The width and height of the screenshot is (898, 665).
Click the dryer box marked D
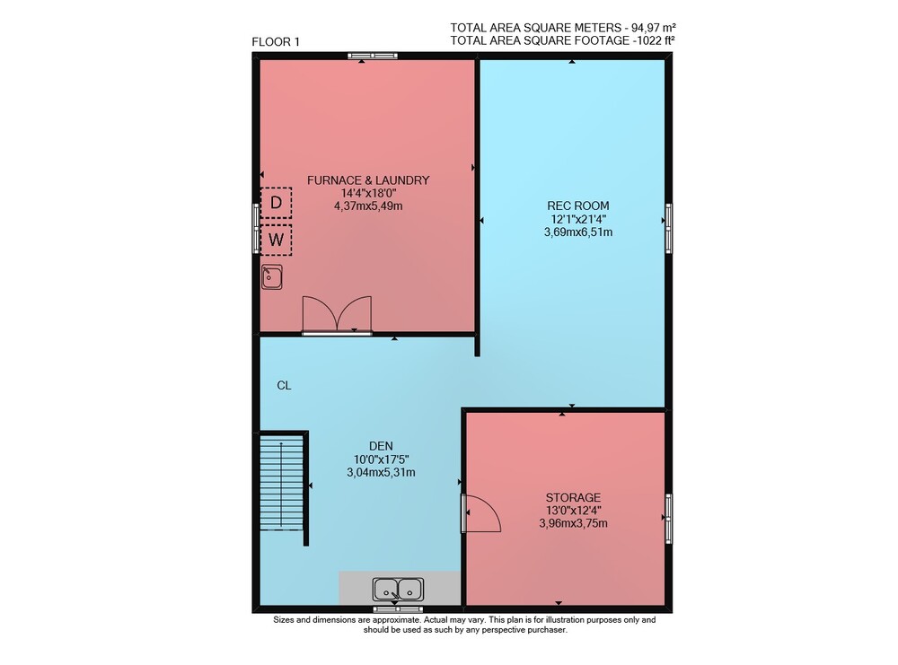(276, 203)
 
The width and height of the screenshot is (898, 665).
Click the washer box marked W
(276, 240)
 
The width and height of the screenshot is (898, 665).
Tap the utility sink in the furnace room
(272, 277)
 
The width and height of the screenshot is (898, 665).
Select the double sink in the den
(398, 589)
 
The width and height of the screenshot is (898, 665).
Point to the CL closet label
(284, 386)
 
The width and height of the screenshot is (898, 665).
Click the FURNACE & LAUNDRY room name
(368, 180)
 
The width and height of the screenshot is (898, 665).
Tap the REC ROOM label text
(577, 206)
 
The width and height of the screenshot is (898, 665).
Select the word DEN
(382, 446)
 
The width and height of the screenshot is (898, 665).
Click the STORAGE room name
(573, 498)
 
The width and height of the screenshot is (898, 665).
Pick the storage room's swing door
(481, 513)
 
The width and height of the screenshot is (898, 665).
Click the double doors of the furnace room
(338, 314)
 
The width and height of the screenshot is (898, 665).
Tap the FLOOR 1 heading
(276, 42)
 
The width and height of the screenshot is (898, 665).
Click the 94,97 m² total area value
(654, 28)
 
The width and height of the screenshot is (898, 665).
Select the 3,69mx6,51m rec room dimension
(577, 232)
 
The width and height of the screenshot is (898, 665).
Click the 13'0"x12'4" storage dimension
(573, 511)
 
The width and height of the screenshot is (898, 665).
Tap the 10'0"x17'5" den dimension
(382, 459)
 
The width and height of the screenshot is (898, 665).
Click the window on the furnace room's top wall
(373, 56)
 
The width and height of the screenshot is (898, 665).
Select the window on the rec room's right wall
(668, 228)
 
